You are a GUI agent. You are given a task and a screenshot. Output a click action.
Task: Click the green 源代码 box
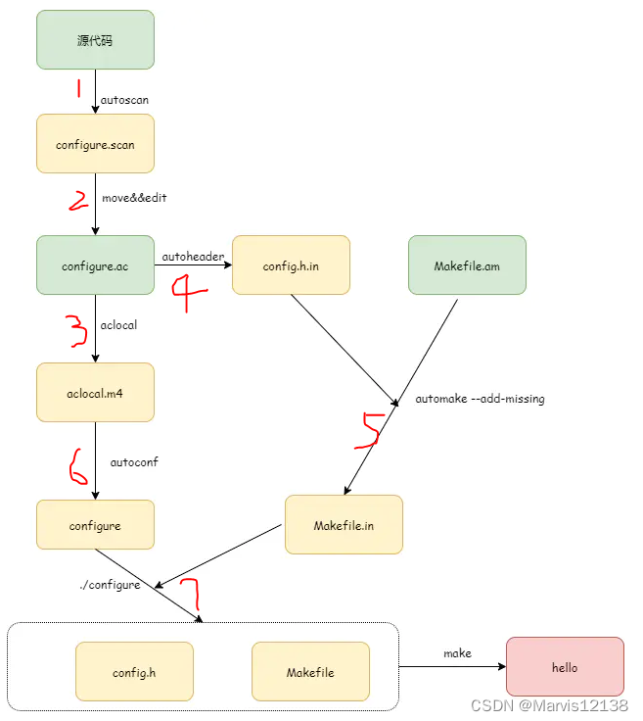(95, 40)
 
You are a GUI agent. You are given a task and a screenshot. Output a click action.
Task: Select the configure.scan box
(95, 145)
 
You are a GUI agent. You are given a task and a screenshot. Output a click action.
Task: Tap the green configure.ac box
(95, 265)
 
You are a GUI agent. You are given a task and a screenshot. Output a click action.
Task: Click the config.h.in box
(291, 265)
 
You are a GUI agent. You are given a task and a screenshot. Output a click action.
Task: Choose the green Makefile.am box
(467, 265)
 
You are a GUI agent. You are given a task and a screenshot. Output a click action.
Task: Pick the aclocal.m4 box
(95, 392)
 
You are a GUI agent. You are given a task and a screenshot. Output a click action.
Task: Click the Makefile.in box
(344, 525)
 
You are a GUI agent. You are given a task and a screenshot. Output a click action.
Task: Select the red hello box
(565, 667)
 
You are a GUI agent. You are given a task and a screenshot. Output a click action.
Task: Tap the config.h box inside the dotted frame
(134, 673)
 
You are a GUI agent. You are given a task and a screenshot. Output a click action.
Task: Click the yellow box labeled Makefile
(310, 673)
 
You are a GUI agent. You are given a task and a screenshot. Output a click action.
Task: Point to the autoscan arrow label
(124, 100)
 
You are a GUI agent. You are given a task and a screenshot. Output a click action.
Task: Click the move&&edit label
(134, 198)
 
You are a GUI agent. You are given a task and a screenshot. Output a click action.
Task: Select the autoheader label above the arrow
(193, 257)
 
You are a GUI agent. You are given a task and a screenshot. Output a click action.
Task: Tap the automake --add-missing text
(480, 399)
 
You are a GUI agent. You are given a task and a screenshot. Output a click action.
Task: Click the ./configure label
(110, 585)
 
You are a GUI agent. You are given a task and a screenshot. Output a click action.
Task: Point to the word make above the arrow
(457, 653)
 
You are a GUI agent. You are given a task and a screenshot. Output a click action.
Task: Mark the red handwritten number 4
(190, 292)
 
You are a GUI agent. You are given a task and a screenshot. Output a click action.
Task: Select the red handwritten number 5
(369, 431)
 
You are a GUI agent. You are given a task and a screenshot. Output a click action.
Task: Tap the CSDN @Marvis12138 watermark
(549, 705)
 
